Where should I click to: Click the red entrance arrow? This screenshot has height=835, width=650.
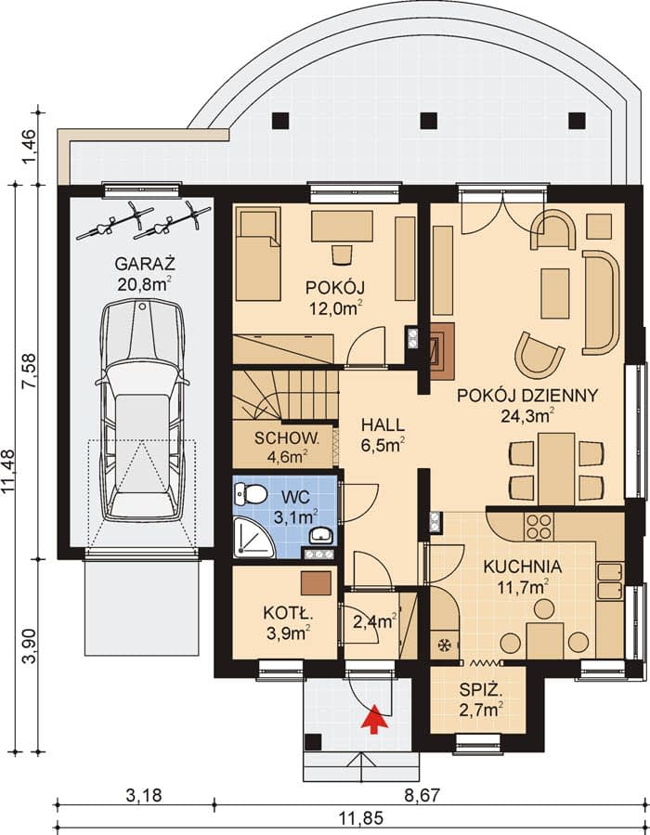click(375, 719)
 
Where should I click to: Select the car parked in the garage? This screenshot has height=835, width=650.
click(143, 410)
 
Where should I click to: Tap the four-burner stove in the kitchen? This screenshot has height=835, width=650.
click(539, 527)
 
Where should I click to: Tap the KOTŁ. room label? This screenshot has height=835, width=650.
click(288, 613)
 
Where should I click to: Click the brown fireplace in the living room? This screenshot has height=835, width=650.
click(442, 351)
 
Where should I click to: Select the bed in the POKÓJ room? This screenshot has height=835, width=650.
click(258, 254)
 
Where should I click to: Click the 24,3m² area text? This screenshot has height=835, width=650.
click(528, 415)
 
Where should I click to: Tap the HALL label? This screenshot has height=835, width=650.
click(383, 425)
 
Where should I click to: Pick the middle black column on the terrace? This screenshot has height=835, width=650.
click(429, 121)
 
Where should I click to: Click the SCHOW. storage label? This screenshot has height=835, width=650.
click(287, 438)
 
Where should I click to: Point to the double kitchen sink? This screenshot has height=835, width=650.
click(609, 581)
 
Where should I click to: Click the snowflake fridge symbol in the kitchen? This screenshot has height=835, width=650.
click(444, 645)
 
